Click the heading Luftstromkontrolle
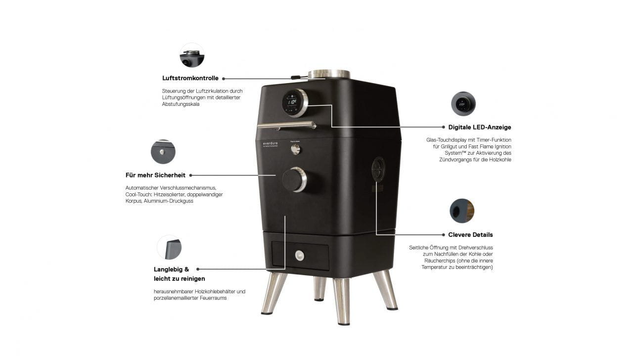click(190, 78)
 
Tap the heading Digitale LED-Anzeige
click(476, 127)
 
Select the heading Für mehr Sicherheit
click(155, 175)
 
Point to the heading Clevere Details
click(470, 235)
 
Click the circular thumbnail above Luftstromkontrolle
click(192, 55)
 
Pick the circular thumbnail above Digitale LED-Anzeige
click(463, 104)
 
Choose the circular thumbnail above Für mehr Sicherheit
click(163, 152)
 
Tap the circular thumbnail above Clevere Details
click(462, 211)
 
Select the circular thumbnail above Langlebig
click(169, 247)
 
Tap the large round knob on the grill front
click(294, 179)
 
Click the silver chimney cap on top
click(329, 74)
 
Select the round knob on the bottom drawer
click(300, 256)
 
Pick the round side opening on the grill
click(378, 169)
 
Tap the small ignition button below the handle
click(296, 149)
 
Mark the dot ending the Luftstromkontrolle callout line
click(224, 78)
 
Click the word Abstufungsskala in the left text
click(181, 104)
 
